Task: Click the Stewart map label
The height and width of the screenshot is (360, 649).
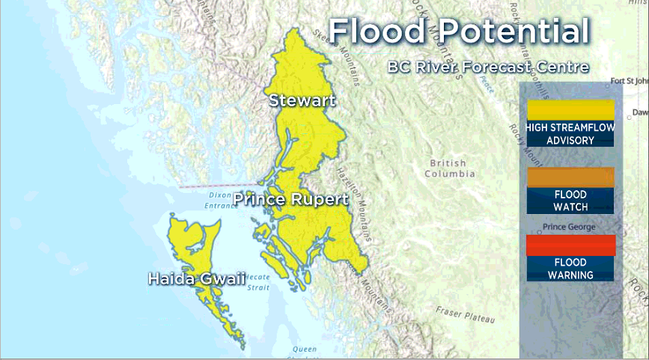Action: [302, 100]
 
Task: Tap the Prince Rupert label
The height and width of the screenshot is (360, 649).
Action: [290, 200]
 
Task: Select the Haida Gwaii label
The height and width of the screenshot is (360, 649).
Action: [197, 279]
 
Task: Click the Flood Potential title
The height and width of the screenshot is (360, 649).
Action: [459, 32]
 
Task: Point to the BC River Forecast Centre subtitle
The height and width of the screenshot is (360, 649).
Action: [488, 67]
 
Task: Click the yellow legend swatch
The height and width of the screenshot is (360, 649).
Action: [570, 110]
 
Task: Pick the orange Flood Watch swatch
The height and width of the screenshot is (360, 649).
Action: [570, 177]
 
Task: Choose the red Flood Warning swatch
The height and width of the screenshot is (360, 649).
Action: [570, 245]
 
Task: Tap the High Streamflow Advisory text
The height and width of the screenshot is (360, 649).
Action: [570, 134]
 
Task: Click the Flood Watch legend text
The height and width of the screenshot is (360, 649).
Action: [570, 201]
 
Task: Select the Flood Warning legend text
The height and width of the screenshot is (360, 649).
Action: [570, 269]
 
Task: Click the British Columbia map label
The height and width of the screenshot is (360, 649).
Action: [449, 168]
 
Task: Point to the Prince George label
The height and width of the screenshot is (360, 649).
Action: [570, 227]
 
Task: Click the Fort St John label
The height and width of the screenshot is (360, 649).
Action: [629, 81]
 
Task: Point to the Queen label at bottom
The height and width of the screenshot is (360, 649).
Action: [305, 350]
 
